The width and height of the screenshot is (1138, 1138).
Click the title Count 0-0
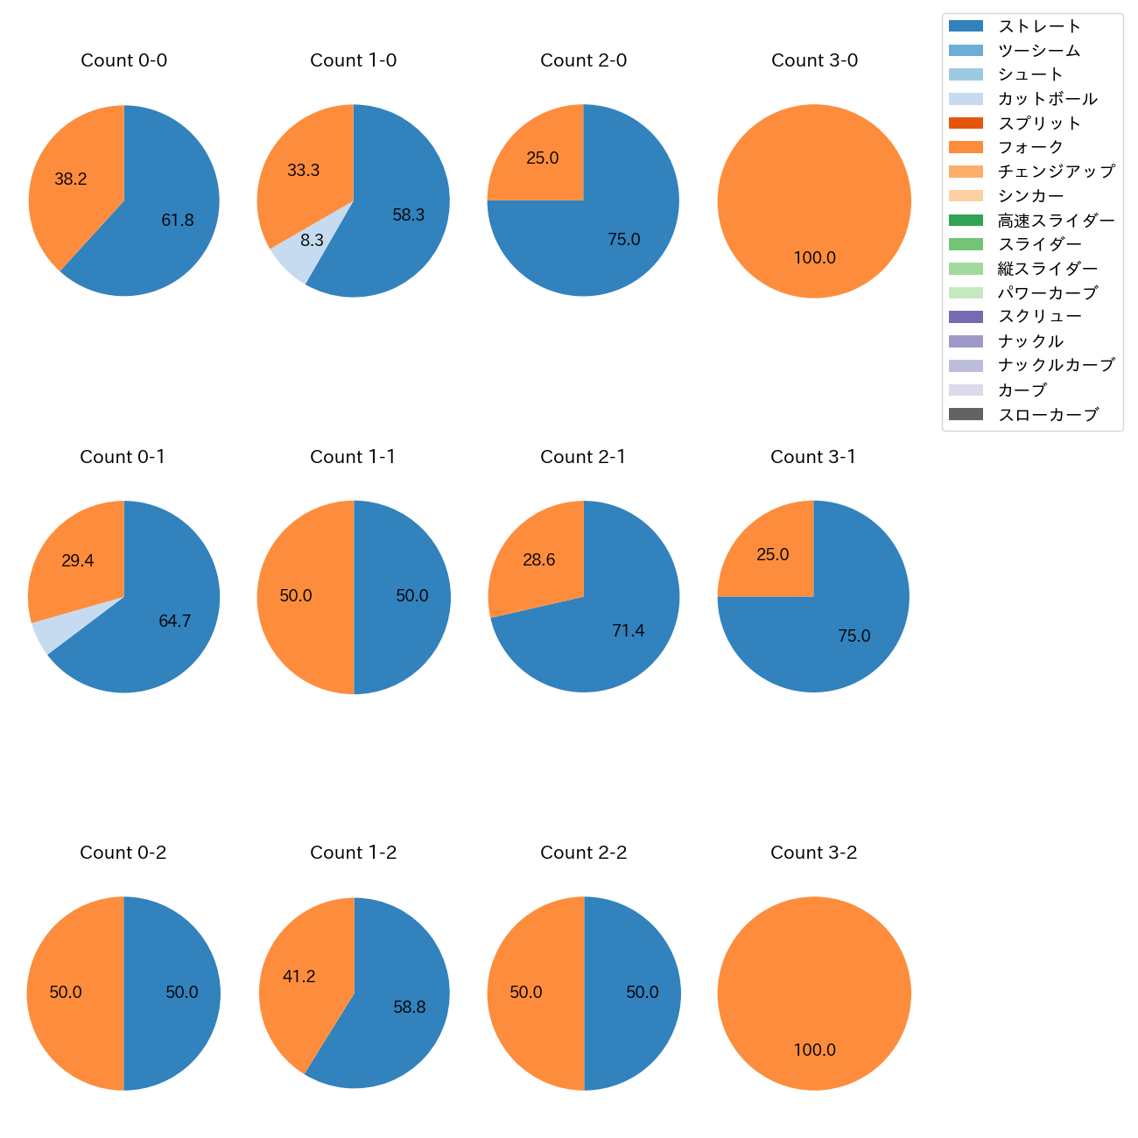tap(124, 60)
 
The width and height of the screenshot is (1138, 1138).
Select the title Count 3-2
tap(813, 853)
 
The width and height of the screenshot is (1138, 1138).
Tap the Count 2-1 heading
tap(583, 457)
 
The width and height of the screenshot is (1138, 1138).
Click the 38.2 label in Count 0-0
tap(71, 179)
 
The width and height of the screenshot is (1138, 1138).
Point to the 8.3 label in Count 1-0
tap(312, 241)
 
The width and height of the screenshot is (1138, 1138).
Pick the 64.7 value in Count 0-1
tap(175, 622)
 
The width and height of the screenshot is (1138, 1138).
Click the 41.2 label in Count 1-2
tap(299, 976)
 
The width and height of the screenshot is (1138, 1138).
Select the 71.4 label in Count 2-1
tap(629, 631)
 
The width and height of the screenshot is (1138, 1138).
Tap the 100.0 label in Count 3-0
tap(814, 258)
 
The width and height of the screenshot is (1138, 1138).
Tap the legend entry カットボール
tap(1047, 99)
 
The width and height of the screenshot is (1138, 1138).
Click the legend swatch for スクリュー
tap(966, 317)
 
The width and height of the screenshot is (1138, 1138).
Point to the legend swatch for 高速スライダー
tap(966, 221)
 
